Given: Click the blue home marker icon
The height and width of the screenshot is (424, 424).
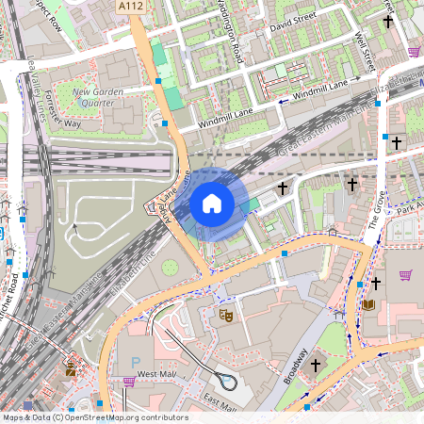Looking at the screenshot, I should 212,203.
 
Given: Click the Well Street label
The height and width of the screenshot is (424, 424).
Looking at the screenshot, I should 366,52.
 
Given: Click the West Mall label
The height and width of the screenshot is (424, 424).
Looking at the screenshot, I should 157,375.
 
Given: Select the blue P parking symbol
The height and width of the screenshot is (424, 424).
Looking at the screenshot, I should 135,362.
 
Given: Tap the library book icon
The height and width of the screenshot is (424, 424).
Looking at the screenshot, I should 368,304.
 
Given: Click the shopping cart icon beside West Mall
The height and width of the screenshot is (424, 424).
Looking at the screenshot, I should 128,382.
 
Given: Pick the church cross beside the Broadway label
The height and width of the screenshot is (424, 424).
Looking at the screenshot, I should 316,363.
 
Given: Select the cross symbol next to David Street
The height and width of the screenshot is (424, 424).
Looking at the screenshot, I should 387,21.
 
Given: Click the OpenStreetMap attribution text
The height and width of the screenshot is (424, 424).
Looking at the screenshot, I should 94,417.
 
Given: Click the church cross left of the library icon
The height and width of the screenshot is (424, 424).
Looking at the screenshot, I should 376,282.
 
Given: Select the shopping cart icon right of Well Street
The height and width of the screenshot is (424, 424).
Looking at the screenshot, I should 414,52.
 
